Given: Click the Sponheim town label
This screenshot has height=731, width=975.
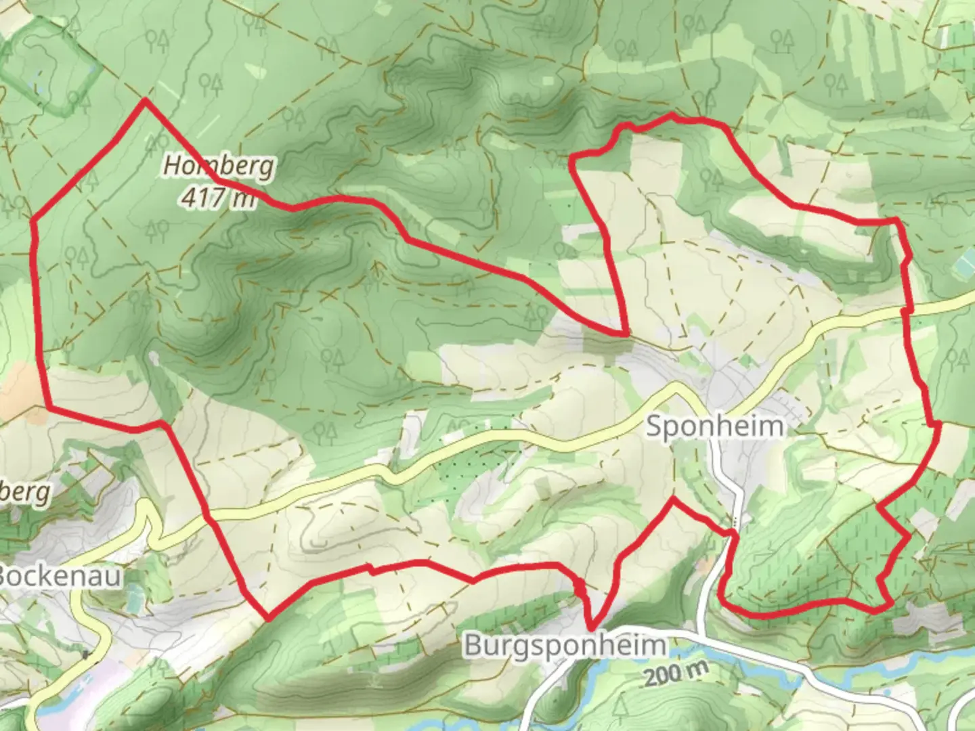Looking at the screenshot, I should [x=716, y=427].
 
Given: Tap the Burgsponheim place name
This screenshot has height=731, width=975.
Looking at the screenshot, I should [x=565, y=645].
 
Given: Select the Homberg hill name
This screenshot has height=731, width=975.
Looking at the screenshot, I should [x=219, y=167].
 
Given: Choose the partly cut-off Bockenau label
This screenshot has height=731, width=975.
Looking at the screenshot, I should [x=60, y=577].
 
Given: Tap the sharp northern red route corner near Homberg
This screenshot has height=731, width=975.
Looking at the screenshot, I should [x=145, y=101].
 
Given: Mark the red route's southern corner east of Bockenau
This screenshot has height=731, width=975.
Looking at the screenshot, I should [x=269, y=618].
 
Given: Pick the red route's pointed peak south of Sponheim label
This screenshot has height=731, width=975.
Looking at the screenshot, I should [x=672, y=500].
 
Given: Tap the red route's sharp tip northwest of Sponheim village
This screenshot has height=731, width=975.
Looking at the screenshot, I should [x=624, y=333].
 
